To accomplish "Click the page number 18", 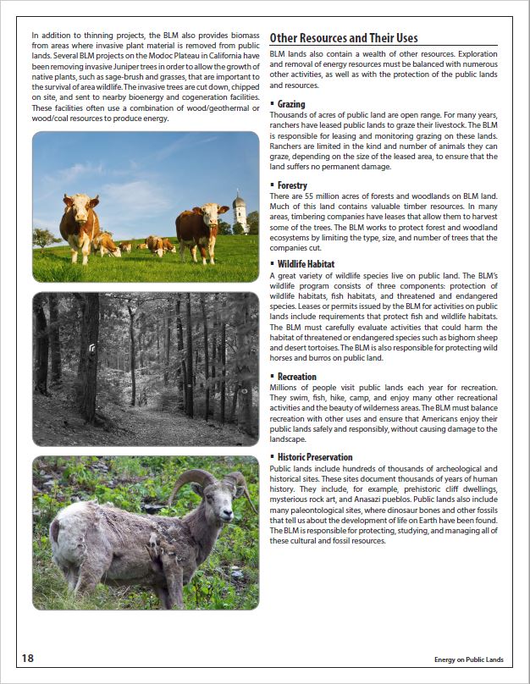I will [28, 658].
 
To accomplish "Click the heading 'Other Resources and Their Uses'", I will [343, 37].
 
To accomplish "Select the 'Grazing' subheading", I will [292, 104].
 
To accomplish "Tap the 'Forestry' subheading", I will [292, 185].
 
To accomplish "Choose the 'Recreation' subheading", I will [296, 377].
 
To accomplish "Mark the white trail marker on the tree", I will [92, 345].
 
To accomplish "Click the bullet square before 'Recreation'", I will [272, 377].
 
